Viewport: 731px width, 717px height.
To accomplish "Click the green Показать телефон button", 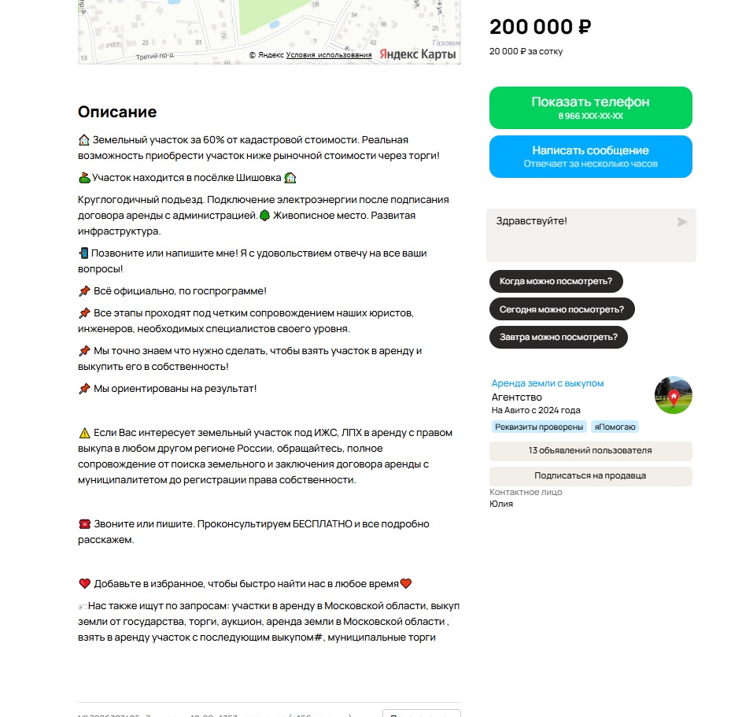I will (590, 108).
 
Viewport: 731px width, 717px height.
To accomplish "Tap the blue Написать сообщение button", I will (590, 156).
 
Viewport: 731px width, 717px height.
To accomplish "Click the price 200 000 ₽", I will (540, 27).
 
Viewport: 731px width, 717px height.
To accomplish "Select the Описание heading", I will (117, 112).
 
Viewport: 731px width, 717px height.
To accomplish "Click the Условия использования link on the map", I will (329, 55).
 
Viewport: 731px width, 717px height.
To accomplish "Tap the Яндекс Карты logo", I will (418, 54).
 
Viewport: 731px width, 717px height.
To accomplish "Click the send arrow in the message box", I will (682, 222).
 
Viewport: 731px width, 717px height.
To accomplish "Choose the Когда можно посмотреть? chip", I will (556, 281).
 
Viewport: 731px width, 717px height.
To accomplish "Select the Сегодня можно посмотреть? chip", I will (562, 309).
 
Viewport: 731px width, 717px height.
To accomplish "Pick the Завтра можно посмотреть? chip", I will (558, 338).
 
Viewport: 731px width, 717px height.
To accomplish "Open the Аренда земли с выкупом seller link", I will (548, 383).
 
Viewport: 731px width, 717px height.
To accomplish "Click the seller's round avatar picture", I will (673, 395).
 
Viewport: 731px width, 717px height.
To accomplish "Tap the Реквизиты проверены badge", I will (540, 427).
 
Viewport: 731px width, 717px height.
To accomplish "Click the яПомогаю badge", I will (615, 427).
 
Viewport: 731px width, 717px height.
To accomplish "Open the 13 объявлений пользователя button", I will (590, 451).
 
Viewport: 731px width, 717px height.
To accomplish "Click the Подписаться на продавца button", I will (590, 476).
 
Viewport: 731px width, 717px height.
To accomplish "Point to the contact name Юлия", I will (501, 504).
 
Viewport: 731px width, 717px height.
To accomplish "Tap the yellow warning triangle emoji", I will (85, 433).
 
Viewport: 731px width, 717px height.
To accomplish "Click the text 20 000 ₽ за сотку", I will (526, 51).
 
